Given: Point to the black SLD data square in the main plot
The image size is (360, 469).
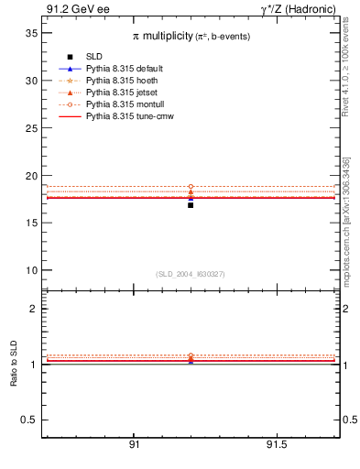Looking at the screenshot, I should (x=191, y=205).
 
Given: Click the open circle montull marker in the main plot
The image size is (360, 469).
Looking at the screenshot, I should (x=191, y=187).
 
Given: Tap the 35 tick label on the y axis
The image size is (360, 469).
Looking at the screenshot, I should (x=30, y=33).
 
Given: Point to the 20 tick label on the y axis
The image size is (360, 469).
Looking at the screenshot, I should (x=30, y=175).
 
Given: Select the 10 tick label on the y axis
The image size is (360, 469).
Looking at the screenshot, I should (x=30, y=270).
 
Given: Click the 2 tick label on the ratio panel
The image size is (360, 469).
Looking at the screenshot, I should (x=34, y=309).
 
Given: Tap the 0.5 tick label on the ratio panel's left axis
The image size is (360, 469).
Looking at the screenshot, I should (x=29, y=420).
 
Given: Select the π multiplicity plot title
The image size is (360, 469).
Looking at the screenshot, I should (x=191, y=35).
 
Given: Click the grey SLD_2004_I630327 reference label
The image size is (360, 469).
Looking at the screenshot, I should (x=191, y=274).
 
